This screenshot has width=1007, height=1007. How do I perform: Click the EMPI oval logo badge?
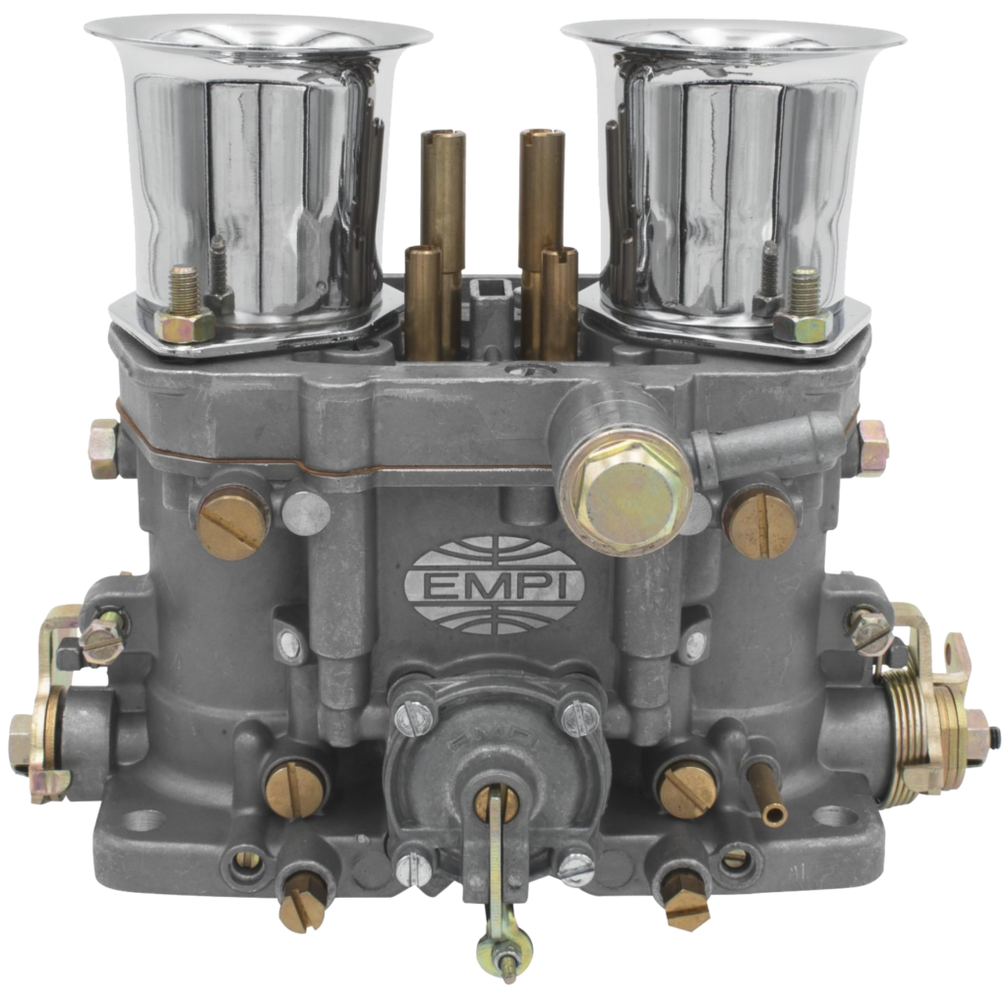(x=495, y=584)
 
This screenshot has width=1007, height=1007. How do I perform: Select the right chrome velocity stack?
(x=732, y=186)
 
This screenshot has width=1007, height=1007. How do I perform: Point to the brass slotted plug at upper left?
(x=232, y=522)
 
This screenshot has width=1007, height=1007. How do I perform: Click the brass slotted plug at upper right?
(x=762, y=520)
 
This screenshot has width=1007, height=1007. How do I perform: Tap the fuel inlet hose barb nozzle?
(x=767, y=444)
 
